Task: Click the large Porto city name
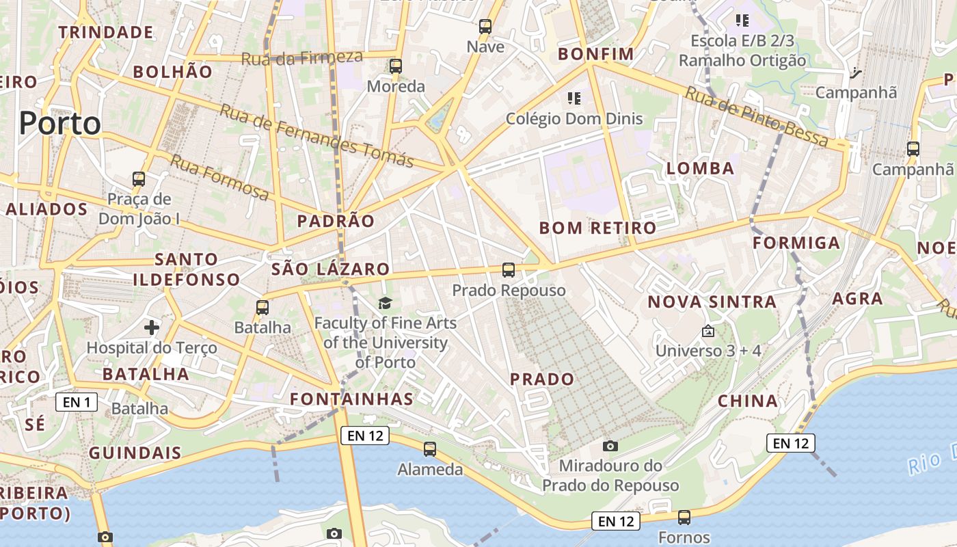click(x=60, y=124)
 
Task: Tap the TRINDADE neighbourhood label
click(x=105, y=32)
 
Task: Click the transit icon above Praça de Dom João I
click(x=139, y=179)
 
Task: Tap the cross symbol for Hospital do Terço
click(x=152, y=328)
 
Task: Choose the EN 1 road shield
click(x=77, y=402)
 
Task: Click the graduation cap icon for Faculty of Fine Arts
click(x=386, y=303)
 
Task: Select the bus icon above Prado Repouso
click(x=509, y=270)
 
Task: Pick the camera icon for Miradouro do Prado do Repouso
click(x=610, y=446)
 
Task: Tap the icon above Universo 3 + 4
click(x=708, y=331)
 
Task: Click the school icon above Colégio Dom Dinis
click(x=574, y=98)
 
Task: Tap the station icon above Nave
click(x=485, y=27)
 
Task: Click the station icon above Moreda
click(x=396, y=66)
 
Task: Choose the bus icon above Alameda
click(x=430, y=449)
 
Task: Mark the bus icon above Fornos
click(x=684, y=518)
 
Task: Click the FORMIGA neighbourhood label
click(x=796, y=243)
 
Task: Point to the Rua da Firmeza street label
click(x=301, y=57)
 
